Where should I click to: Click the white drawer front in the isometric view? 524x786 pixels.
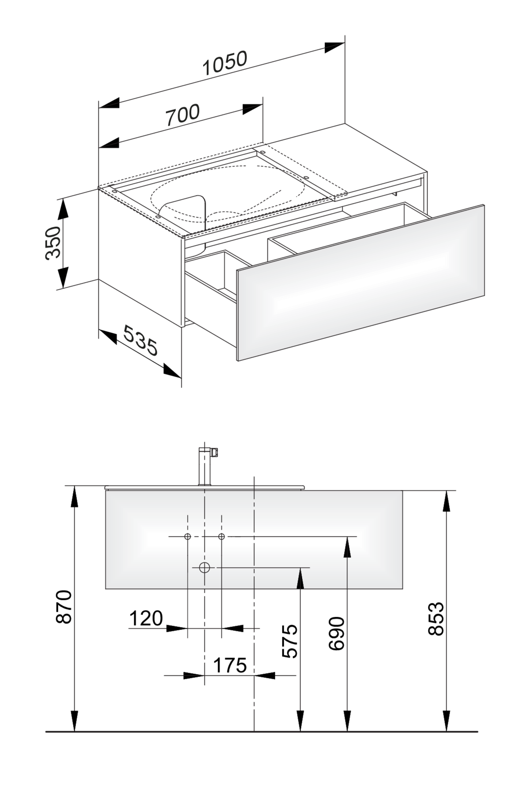coord(361,282)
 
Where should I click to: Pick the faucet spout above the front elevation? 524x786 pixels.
coord(204,468)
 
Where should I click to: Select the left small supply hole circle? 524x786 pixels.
coord(187,537)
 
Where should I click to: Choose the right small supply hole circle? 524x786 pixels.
coord(221,537)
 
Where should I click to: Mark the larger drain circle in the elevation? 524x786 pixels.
coord(204,567)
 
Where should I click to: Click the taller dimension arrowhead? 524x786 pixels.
coord(347,548)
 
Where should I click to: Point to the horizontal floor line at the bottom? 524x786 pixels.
coord(261,732)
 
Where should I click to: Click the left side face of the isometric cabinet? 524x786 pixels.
coord(140,257)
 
